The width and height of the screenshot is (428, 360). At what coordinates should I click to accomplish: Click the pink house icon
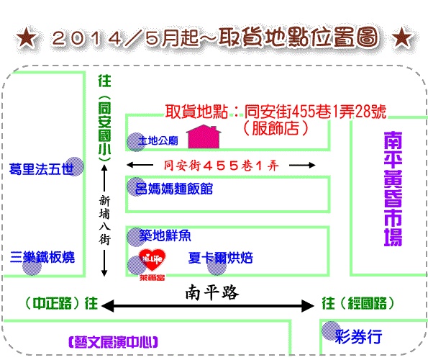coord(204,137)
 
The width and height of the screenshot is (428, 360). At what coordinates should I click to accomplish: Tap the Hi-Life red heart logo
coord(152,259)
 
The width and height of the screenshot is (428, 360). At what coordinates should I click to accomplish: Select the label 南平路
coord(212,292)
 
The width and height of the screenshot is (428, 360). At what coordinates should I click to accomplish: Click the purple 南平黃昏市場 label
coord(393,189)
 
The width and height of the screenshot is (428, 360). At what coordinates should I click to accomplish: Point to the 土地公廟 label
coord(158,140)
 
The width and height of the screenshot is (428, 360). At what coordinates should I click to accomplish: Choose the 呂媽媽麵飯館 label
coord(174,189)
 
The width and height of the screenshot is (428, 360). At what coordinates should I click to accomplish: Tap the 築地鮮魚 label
coord(165,235)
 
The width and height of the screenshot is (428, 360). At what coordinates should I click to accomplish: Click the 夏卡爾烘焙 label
coord(221,258)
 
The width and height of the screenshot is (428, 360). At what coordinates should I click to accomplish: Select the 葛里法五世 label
coord(42,169)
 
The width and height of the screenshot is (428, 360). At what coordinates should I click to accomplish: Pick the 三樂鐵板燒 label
coord(42,257)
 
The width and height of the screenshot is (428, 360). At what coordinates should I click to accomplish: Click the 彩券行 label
coord(358,336)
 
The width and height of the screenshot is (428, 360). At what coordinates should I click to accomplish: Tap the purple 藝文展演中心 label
coord(113,342)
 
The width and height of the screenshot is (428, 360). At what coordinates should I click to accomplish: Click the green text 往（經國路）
coord(358,303)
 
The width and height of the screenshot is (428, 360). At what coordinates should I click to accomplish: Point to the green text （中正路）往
coord(61,303)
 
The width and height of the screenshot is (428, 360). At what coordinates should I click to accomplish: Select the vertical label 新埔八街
coord(104,220)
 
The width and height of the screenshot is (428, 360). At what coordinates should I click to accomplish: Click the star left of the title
coord(26,37)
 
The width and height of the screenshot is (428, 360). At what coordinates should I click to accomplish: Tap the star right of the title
coord(402,37)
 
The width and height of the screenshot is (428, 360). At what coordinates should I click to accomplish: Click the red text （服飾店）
coord(276,128)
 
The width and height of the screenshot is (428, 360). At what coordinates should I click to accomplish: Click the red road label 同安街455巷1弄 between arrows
coord(222,166)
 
